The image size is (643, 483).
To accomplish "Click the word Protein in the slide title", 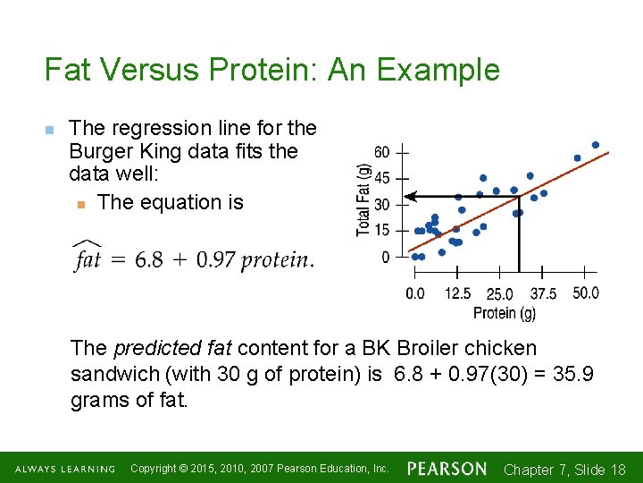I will (x=254, y=70).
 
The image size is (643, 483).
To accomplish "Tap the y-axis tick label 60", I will (x=381, y=152).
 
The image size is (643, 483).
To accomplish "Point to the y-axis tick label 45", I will (x=381, y=178).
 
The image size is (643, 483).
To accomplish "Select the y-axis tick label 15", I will (x=381, y=231).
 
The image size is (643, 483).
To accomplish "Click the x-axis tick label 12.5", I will (x=457, y=293).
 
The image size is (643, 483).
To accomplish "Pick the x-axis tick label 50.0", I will (x=585, y=293).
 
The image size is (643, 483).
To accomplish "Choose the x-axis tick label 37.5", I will (x=543, y=293).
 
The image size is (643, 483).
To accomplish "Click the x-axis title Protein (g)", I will (x=505, y=312).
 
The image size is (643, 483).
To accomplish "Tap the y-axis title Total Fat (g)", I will (x=363, y=199).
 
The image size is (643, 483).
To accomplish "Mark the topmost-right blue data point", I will (x=596, y=145).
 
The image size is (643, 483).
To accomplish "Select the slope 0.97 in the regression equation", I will (x=216, y=259).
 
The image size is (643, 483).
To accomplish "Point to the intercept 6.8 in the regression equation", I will (x=149, y=259).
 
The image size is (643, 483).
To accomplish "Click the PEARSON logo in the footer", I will (x=447, y=469).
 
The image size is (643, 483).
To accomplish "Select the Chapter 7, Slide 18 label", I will (x=564, y=470).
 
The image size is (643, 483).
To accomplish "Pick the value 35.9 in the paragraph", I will (x=574, y=374).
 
